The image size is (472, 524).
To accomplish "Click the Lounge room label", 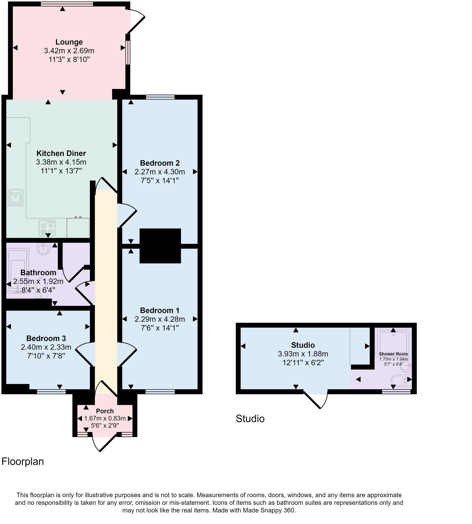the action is [69, 42].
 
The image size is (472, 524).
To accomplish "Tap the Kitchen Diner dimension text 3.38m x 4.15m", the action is [61, 162].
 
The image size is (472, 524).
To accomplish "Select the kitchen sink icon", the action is [15, 198].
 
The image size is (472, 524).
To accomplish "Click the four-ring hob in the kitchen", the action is [47, 228].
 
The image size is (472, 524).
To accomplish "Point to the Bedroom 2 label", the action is [160, 163].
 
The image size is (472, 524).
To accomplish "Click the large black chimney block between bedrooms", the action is [160, 246].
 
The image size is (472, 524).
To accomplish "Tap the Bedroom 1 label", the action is [160, 310].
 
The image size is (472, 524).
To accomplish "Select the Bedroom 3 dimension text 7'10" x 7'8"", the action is [46, 356].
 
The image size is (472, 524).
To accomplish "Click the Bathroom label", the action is [38, 272].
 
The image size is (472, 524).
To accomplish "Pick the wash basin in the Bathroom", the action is [43, 249].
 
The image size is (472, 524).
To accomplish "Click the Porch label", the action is [105, 411].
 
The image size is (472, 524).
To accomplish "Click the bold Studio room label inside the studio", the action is [303, 345].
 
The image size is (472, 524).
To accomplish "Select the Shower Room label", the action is [393, 354].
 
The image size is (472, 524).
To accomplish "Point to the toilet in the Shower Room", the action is [401, 381].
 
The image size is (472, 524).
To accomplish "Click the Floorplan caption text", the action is [23, 461].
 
